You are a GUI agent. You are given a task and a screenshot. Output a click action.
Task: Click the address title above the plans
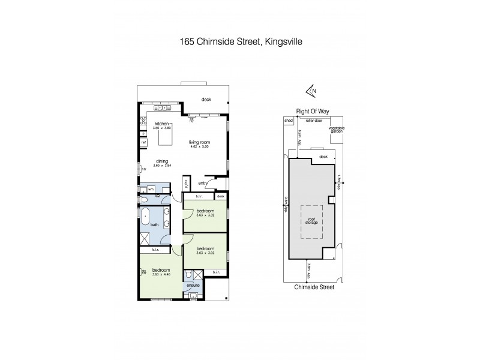[x=239, y=42]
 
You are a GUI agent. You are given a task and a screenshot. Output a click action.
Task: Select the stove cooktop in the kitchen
[x=143, y=122]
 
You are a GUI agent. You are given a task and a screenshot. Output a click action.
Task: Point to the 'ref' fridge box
[x=143, y=143]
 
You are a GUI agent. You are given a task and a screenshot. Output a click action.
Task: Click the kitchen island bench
[x=165, y=137]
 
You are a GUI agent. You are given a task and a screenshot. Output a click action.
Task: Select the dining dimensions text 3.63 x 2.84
[x=162, y=165]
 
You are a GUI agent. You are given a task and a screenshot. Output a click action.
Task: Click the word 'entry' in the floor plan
[x=203, y=183]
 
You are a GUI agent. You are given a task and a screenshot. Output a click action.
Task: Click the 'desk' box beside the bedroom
[x=221, y=196]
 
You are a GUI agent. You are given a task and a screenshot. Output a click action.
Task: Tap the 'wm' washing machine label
[x=151, y=189]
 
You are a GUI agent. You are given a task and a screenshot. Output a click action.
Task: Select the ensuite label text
[x=193, y=286]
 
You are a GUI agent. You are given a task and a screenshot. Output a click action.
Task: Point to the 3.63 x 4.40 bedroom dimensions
[x=162, y=274]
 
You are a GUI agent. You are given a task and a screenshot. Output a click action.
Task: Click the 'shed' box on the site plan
[x=288, y=121]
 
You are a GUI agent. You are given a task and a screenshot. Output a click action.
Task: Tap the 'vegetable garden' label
[x=336, y=130]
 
